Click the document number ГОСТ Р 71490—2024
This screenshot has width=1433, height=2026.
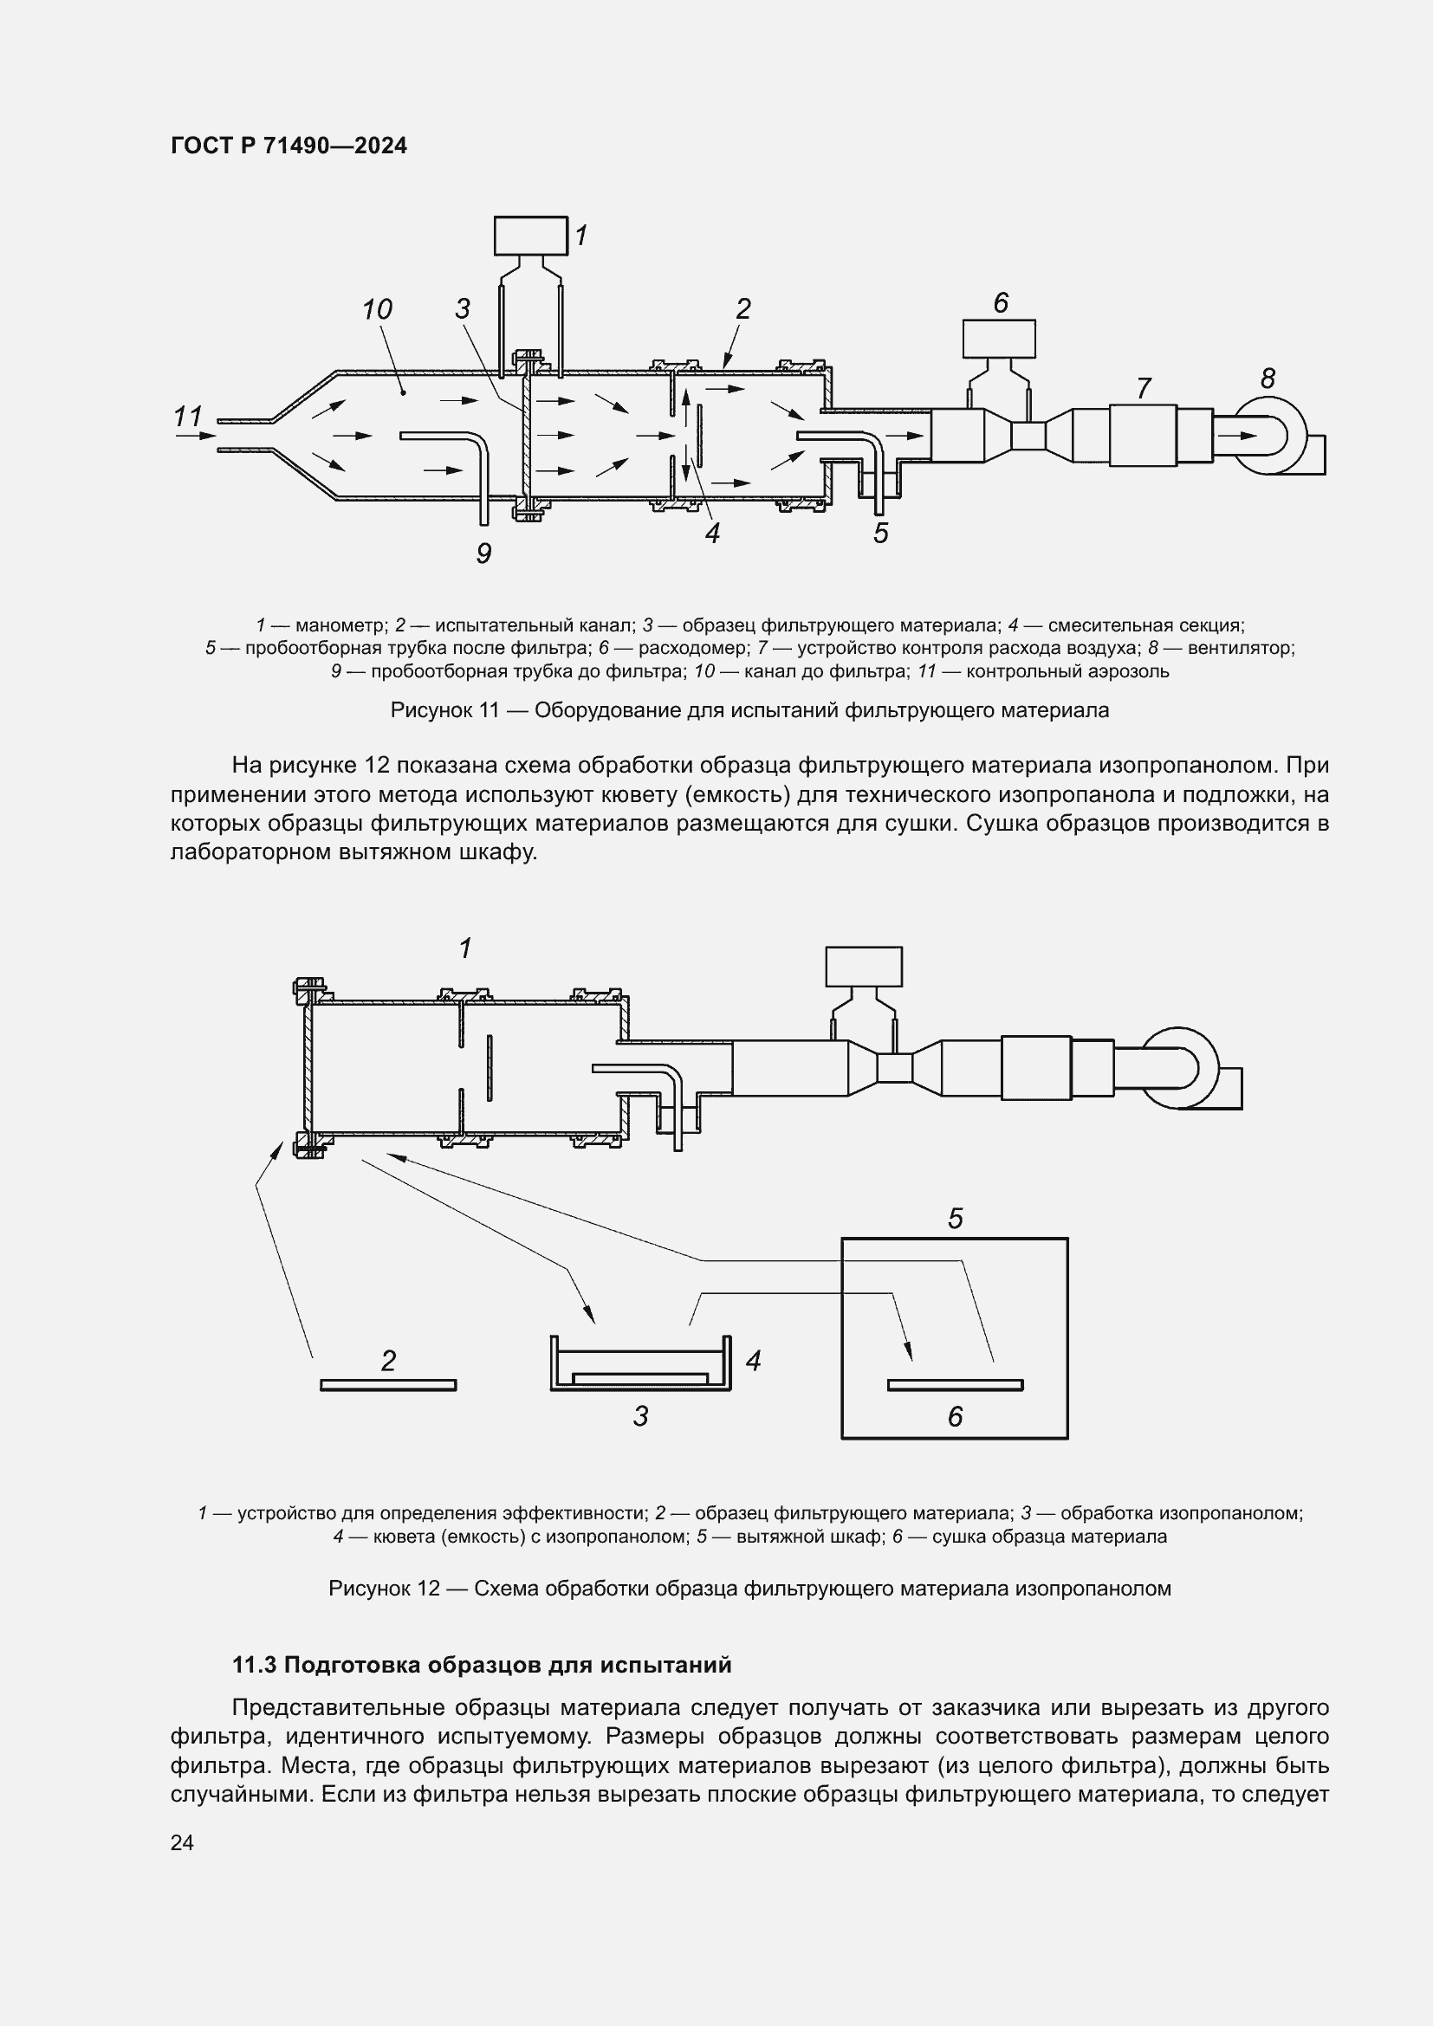pyautogui.click(x=289, y=146)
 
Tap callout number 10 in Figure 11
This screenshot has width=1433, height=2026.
pyautogui.click(x=377, y=310)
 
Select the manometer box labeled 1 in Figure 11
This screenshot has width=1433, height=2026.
pyautogui.click(x=530, y=236)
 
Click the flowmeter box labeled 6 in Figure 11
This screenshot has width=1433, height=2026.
pyautogui.click(x=999, y=339)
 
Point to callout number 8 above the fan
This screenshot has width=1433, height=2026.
pyautogui.click(x=1268, y=379)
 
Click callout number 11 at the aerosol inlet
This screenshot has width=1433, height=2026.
pyautogui.click(x=188, y=416)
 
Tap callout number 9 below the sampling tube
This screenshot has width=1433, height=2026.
pyautogui.click(x=483, y=553)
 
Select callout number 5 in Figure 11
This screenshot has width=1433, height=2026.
pyautogui.click(x=880, y=533)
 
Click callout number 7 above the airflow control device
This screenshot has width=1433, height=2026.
pyautogui.click(x=1144, y=388)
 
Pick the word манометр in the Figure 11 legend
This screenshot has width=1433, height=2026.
pyautogui.click(x=340, y=625)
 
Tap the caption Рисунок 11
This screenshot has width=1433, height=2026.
pyautogui.click(x=444, y=710)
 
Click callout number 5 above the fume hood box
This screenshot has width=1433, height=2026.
pyautogui.click(x=955, y=1219)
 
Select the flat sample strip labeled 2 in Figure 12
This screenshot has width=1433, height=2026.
pyautogui.click(x=388, y=1385)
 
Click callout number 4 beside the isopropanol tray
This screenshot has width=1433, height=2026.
pyautogui.click(x=753, y=1361)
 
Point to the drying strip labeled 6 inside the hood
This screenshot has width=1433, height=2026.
pyautogui.click(x=955, y=1385)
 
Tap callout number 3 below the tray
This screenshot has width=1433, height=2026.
pyautogui.click(x=640, y=1416)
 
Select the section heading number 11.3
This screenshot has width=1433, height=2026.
pyautogui.click(x=254, y=1665)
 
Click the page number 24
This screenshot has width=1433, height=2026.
pyautogui.click(x=182, y=1842)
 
